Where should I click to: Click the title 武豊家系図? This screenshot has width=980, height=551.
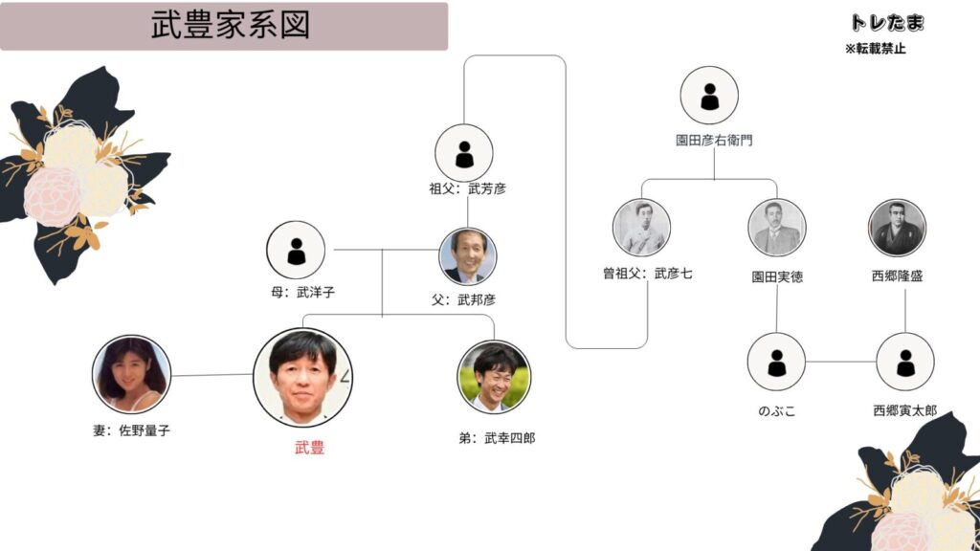click(x=230, y=26)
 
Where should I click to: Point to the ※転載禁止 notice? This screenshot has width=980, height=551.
click(x=875, y=49)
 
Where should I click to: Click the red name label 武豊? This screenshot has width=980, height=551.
click(x=309, y=447)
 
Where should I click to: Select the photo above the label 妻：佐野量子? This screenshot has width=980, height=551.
click(x=131, y=374)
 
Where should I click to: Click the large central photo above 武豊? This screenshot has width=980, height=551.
click(x=302, y=376)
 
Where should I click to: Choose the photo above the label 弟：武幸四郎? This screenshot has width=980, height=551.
click(x=494, y=376)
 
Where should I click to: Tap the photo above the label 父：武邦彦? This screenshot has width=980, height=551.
click(x=467, y=255)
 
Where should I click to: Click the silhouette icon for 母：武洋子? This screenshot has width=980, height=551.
click(x=297, y=251)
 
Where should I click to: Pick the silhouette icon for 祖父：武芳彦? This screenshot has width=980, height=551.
click(x=464, y=154)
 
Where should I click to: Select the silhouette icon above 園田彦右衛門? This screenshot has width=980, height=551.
click(x=709, y=96)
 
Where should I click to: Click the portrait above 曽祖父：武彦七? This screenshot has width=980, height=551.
click(x=641, y=228)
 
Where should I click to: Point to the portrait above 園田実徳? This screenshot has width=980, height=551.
click(x=776, y=228)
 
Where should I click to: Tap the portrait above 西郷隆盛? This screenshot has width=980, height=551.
click(x=897, y=228)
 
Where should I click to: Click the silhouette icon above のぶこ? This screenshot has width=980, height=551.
click(x=776, y=362)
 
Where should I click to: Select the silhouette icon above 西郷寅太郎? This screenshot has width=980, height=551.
click(x=904, y=362)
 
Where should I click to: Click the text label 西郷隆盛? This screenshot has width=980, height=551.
click(x=897, y=276)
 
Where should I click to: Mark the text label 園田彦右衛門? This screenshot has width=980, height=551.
click(x=714, y=140)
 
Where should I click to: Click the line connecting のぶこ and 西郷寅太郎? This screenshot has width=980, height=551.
click(x=840, y=362)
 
